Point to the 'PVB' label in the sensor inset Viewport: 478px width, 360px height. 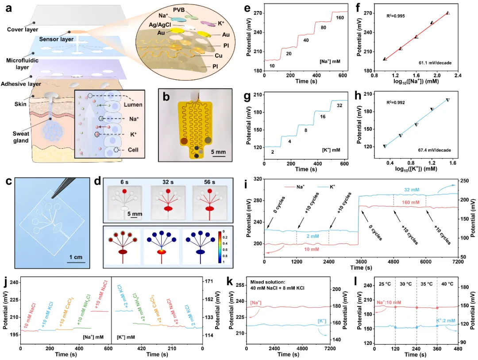pos(192,10)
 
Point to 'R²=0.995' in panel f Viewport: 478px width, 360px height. pos(396,16)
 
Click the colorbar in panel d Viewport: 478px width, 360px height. pos(220,246)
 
